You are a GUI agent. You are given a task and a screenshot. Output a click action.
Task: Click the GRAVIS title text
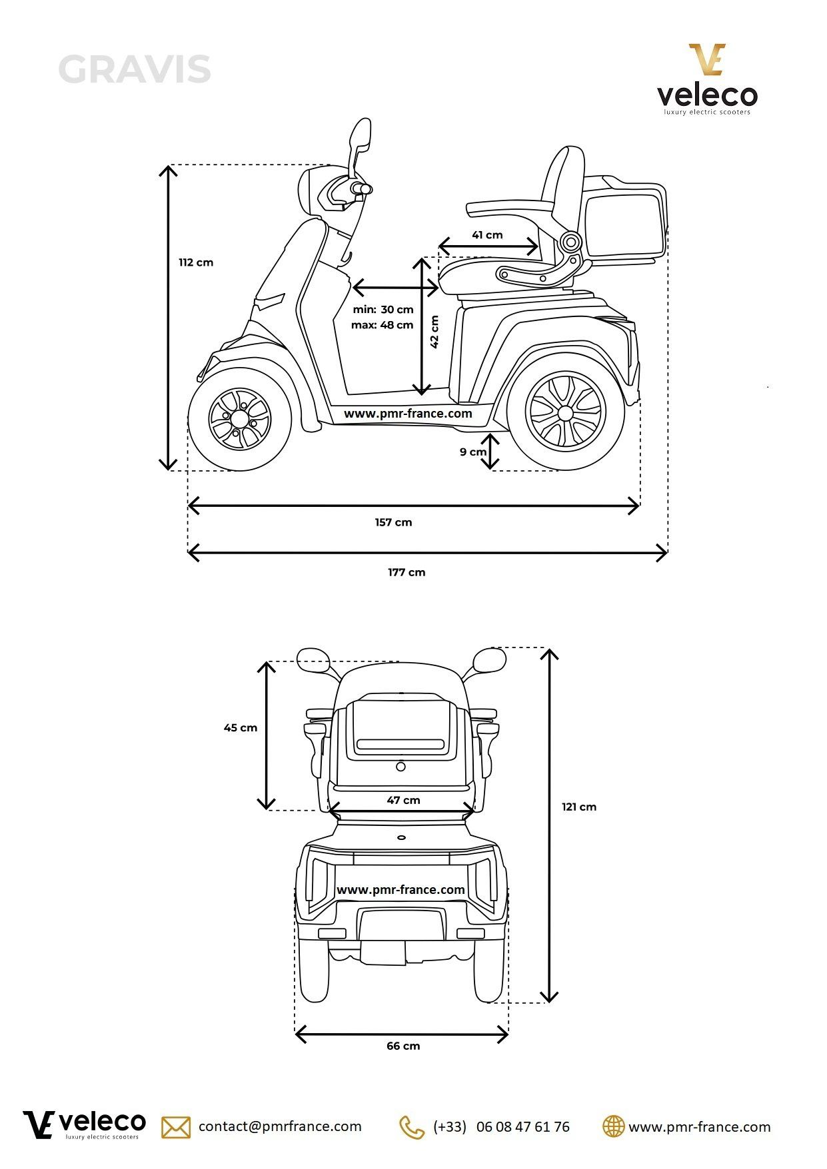[x=135, y=70]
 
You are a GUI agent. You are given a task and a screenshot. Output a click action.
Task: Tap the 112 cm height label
[x=196, y=262]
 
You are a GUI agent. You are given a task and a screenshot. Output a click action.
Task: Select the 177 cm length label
[x=407, y=572]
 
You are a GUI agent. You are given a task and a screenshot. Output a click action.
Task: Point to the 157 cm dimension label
[x=393, y=522]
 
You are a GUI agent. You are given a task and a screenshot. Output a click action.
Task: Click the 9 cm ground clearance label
[x=472, y=452]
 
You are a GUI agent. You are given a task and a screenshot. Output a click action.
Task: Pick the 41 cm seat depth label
[x=487, y=235]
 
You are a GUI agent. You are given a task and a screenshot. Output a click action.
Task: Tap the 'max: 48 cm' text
[x=382, y=325]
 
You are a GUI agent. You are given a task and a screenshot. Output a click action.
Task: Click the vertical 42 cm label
[x=434, y=331]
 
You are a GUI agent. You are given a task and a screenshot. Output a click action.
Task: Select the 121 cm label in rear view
[x=578, y=807]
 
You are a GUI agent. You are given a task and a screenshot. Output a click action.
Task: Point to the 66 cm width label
[x=403, y=1046]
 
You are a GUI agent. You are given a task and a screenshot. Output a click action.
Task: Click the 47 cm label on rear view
[x=403, y=800]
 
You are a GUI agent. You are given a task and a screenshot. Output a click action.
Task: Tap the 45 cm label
[x=240, y=728]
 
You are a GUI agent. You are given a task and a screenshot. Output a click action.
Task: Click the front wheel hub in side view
[x=240, y=419]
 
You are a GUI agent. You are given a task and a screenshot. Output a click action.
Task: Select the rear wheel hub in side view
[x=565, y=414]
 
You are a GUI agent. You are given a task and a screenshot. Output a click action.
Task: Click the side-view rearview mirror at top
[x=361, y=137]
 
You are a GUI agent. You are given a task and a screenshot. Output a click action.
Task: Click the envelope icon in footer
[x=176, y=1127]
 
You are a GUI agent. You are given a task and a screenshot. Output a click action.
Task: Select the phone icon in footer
[x=411, y=1127]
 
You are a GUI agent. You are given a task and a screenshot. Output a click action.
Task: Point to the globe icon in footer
[x=613, y=1126]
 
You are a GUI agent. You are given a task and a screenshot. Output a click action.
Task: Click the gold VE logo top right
[x=706, y=59]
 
